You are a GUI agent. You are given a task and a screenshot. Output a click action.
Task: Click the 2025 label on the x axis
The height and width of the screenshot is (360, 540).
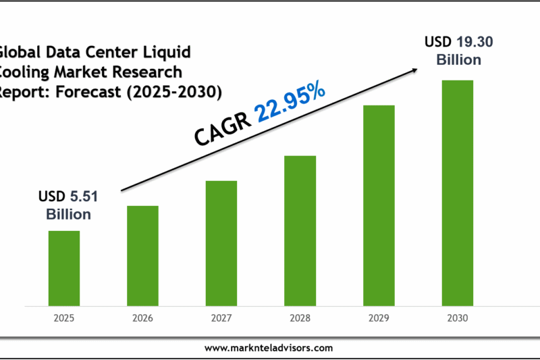tap(63, 317)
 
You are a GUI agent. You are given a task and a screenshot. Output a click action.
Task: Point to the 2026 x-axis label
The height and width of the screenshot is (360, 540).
tap(142, 317)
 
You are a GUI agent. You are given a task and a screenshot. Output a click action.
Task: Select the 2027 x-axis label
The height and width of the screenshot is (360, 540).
tap(221, 317)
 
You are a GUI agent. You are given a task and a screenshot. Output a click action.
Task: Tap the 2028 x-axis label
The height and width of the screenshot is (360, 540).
tap(300, 317)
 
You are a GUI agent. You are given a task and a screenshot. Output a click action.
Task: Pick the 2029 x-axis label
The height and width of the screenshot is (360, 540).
tap(379, 317)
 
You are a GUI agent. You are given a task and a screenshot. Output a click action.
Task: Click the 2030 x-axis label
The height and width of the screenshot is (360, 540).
tap(458, 317)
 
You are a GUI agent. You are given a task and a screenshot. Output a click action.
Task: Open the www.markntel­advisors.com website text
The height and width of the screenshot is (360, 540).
tap(269, 348)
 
